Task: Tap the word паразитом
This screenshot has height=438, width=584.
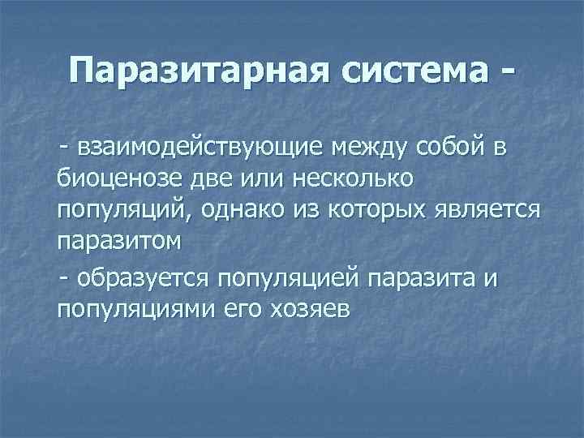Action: pyautogui.click(x=121, y=241)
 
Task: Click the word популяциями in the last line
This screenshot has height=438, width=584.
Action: pyautogui.click(x=131, y=309)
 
